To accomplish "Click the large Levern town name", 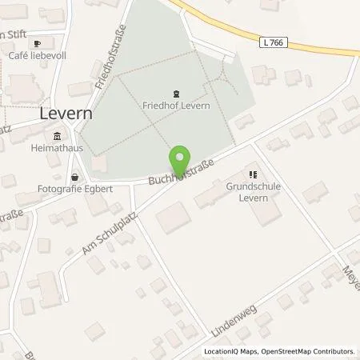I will coord(66,114).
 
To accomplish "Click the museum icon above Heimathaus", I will coord(56,137).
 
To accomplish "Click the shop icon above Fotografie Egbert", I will coord(74,178).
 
